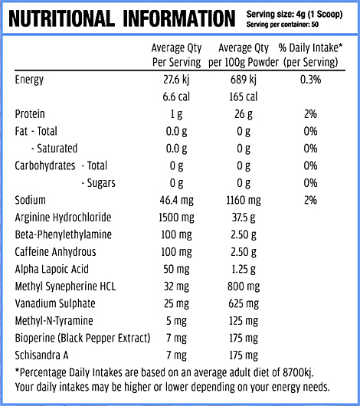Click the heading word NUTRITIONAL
click(61, 18)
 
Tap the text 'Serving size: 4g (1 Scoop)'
click(294, 15)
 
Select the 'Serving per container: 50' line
click(283, 25)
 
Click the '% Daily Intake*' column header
click(310, 48)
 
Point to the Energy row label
click(29, 80)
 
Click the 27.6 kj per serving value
click(176, 80)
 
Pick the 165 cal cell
click(244, 97)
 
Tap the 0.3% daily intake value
click(310, 80)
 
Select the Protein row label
click(30, 114)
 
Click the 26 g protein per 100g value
click(244, 114)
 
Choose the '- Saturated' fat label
click(54, 149)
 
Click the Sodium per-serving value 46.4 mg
click(176, 201)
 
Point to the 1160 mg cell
click(244, 201)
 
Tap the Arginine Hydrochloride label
click(63, 218)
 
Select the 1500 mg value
click(176, 218)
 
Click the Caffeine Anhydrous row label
click(55, 252)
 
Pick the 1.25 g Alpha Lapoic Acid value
click(244, 270)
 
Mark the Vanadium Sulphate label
click(55, 303)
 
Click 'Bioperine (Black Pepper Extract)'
click(83, 338)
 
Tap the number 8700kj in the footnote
click(298, 372)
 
